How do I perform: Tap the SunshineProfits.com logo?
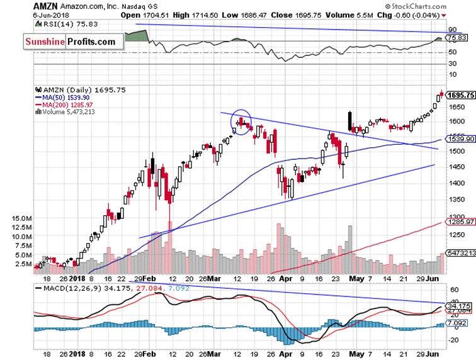pyautogui.click(x=71, y=42)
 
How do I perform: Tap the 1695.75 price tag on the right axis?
pyautogui.click(x=459, y=96)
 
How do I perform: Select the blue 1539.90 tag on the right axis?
pyautogui.click(x=459, y=139)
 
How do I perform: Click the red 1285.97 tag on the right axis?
pyautogui.click(x=459, y=222)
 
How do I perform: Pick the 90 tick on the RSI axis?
pyautogui.click(x=451, y=30)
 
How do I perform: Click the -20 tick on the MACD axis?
pyautogui.click(x=452, y=340)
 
